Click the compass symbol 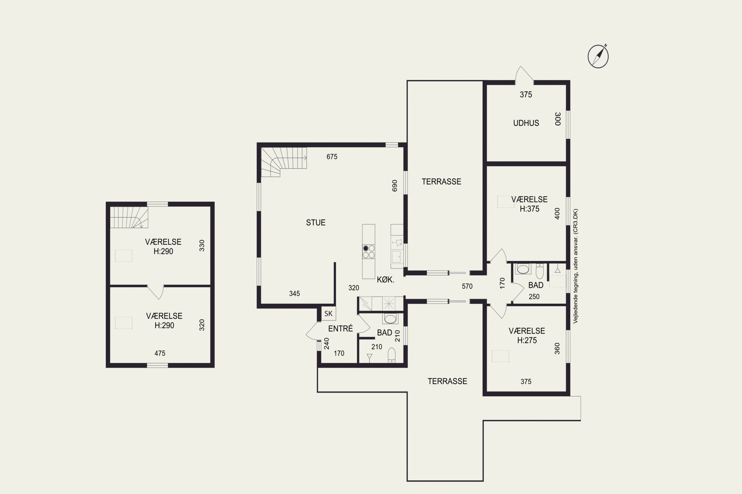[x=598, y=56]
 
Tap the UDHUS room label [x=526, y=123]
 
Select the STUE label [x=316, y=223]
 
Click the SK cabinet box [x=328, y=313]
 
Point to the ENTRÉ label [x=340, y=329]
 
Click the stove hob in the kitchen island [x=369, y=251]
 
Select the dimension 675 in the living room [x=332, y=157]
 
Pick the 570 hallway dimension [x=467, y=286]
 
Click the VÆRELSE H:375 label [x=529, y=204]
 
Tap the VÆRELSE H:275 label [x=527, y=335]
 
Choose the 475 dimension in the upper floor [x=160, y=353]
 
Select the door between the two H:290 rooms [x=156, y=292]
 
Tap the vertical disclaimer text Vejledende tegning [x=576, y=266]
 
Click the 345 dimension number [x=294, y=294]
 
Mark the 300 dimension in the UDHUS [x=558, y=119]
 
